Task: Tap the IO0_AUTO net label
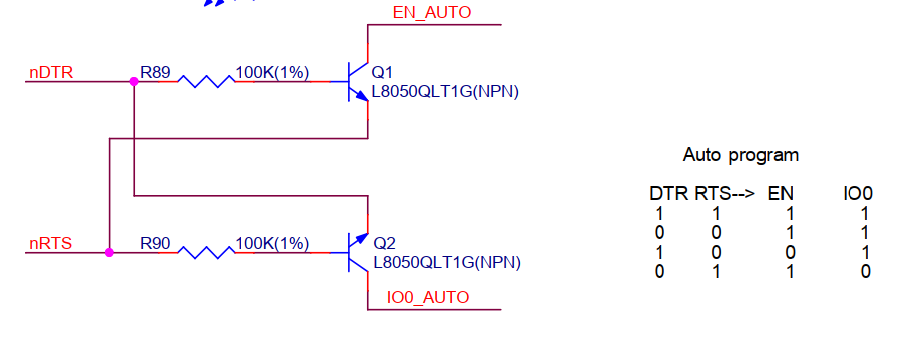[x=427, y=297]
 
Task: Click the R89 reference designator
[x=156, y=72]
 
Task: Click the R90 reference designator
[x=156, y=243]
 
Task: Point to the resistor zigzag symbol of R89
[x=206, y=81]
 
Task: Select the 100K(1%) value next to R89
[x=272, y=72]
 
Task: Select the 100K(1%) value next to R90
[x=272, y=243]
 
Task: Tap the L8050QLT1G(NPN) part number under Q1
[x=446, y=92]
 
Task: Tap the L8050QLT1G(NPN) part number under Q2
[x=447, y=262]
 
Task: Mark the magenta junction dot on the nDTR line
[x=133, y=81]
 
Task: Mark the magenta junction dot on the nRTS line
[x=109, y=252]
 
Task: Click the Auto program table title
[x=741, y=155]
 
